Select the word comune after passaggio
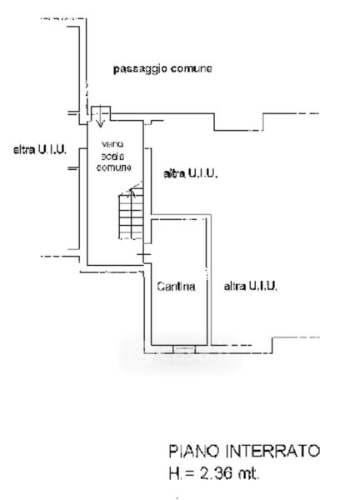pyautogui.click(x=192, y=68)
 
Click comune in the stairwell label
pyautogui.click(x=114, y=167)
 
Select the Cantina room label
pyautogui.click(x=176, y=287)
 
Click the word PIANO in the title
pyautogui.click(x=194, y=451)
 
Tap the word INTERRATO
pyautogui.click(x=272, y=451)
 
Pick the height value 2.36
pyautogui.click(x=216, y=473)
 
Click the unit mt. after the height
pyautogui.click(x=248, y=473)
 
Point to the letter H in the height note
pyautogui.click(x=174, y=473)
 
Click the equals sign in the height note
pyautogui.click(x=190, y=473)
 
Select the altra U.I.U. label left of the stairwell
pyautogui.click(x=40, y=149)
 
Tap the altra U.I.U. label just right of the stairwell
pyautogui.click(x=190, y=173)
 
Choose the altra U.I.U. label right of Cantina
pyautogui.click(x=250, y=286)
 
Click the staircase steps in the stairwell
pyautogui.click(x=130, y=217)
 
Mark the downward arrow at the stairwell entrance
pyautogui.click(x=101, y=117)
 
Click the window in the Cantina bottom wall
pyautogui.click(x=184, y=349)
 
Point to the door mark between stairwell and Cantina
pyautogui.click(x=144, y=254)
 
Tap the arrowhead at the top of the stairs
pyautogui.click(x=132, y=192)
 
